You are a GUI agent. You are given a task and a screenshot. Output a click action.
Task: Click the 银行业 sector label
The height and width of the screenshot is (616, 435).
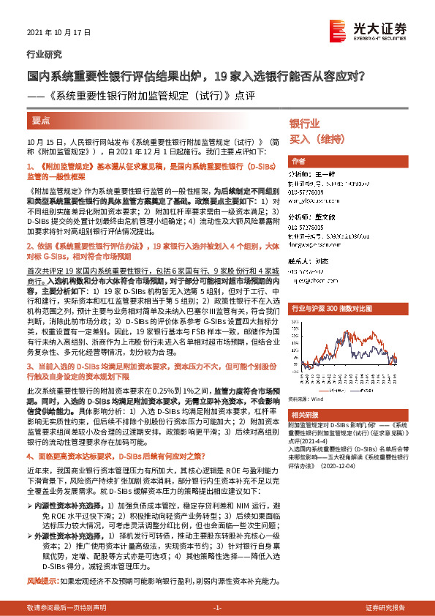tap(305, 124)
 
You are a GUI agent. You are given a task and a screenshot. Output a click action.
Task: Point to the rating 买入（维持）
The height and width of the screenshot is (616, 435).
tap(318, 138)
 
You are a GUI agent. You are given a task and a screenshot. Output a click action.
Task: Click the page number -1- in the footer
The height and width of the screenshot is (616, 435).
tap(217, 608)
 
